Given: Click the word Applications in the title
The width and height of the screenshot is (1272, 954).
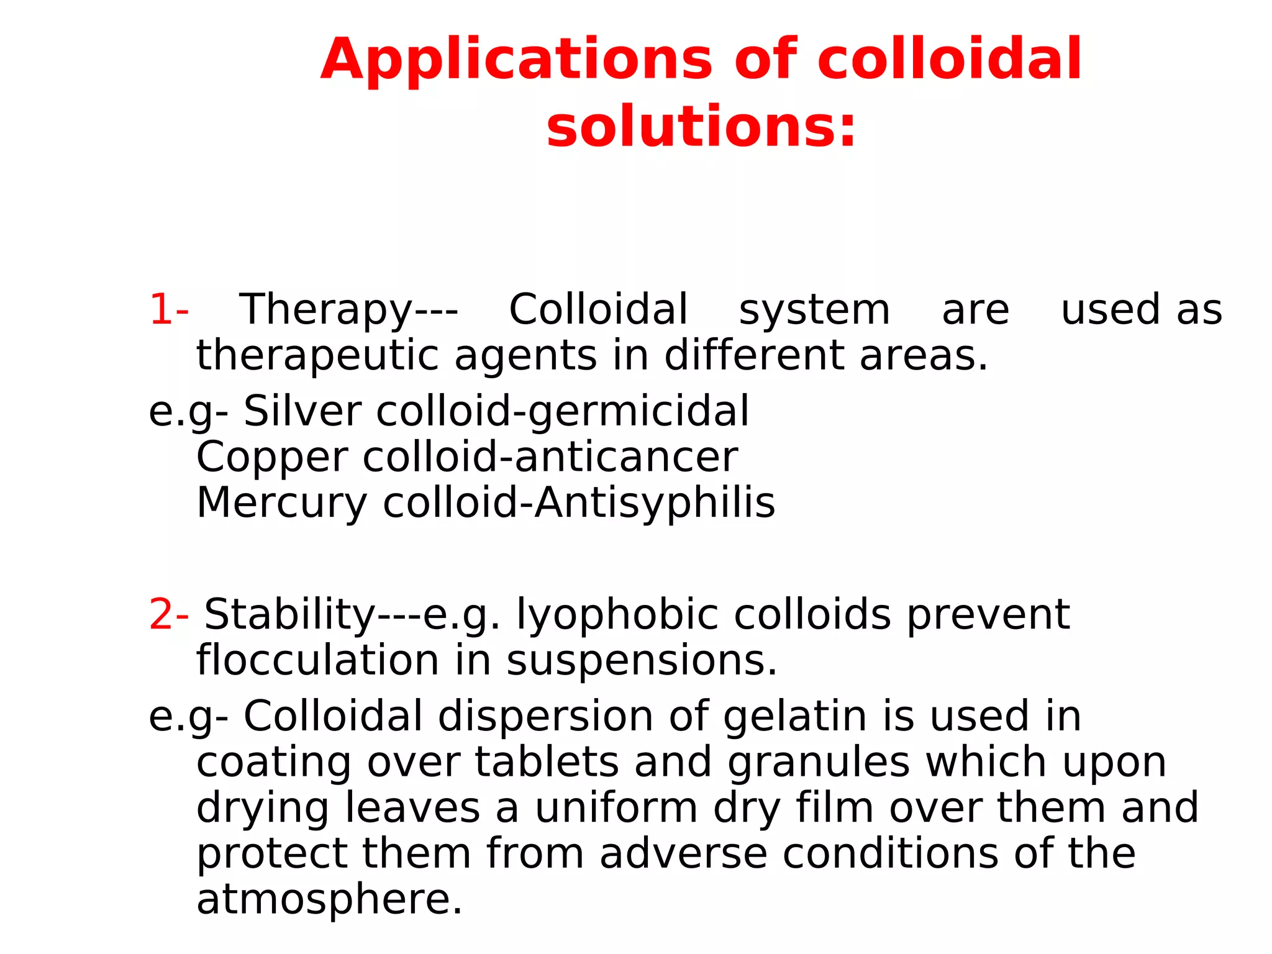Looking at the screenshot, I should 516,60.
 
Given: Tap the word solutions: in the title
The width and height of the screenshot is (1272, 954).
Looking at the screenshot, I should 701,127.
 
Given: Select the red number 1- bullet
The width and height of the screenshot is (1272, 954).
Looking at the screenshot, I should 168,309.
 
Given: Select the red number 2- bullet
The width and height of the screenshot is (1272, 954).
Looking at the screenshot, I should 168,614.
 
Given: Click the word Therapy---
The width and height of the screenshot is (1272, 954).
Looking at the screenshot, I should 348,311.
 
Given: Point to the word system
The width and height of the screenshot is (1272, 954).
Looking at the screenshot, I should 814,311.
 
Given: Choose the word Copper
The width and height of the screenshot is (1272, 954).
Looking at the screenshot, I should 272,458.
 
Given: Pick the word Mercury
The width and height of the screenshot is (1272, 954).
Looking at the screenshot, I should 282,503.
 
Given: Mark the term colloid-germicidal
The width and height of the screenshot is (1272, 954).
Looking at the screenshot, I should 563,411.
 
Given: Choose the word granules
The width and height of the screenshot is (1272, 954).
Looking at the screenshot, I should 818,763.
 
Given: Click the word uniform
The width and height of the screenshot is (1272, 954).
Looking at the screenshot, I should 617,808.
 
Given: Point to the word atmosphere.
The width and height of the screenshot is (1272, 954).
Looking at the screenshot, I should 329,899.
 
